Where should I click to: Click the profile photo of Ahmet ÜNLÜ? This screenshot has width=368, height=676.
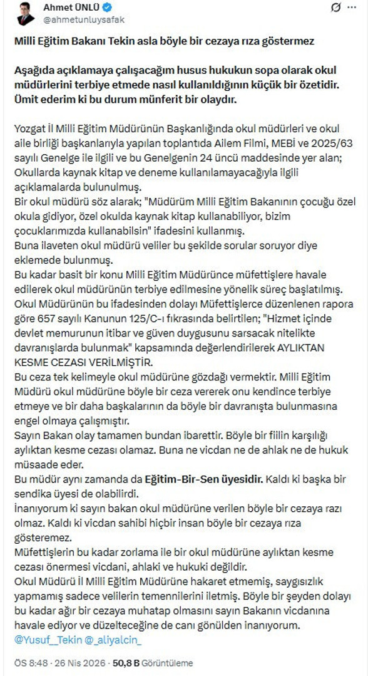26,14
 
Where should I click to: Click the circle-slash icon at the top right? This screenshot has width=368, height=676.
335,9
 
